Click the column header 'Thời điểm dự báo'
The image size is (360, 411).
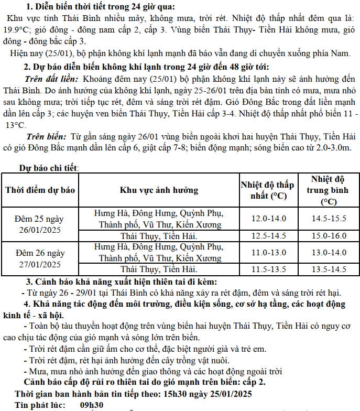40,189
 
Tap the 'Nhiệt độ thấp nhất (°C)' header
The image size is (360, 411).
267,190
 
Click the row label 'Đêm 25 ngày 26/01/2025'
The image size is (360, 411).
40,224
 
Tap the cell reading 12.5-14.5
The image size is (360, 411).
268,236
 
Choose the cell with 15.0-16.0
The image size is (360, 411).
329,236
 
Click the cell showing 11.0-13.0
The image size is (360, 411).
268,253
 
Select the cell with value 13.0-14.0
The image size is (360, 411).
329,253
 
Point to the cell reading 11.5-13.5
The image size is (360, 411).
268,270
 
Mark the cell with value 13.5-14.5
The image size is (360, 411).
329,270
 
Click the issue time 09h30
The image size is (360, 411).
92,405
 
